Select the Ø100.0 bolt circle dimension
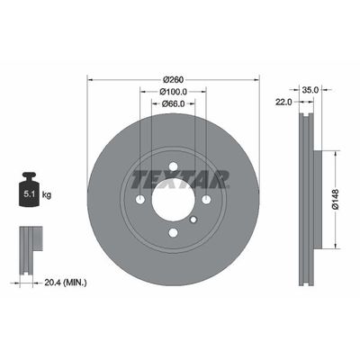click(174, 91)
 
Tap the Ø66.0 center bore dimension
click(174, 103)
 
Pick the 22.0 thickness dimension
click(283, 103)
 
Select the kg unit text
click(48, 193)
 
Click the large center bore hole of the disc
click(173, 199)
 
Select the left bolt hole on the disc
click(139, 199)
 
